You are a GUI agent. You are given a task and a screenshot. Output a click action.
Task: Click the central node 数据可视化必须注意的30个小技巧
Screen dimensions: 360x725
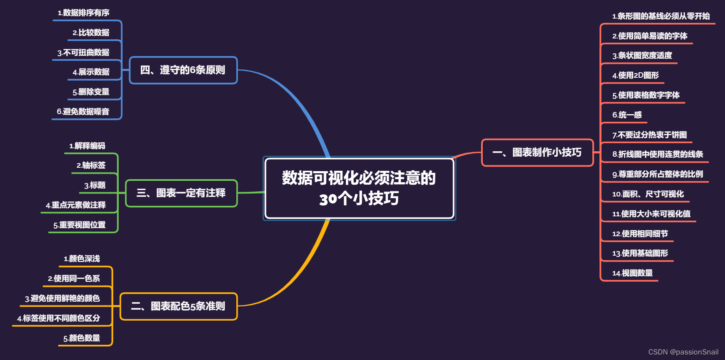pos(359,188)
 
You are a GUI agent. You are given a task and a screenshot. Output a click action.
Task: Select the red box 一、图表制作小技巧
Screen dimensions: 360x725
pos(537,153)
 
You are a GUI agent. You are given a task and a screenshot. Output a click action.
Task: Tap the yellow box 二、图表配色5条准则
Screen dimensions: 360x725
pos(178,306)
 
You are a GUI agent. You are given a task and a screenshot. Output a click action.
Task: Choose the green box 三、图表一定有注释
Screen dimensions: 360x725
pos(181,194)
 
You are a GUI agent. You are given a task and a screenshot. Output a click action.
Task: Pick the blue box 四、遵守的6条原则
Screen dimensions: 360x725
pos(183,70)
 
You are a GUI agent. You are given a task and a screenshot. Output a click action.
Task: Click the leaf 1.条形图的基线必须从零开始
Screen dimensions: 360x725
pos(661,16)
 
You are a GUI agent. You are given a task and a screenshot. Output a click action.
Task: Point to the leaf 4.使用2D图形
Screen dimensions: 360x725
pos(635,76)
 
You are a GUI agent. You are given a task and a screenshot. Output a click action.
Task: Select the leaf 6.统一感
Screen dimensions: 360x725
pos(627,115)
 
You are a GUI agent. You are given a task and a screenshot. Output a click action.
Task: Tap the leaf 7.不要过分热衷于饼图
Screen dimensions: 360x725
pos(649,135)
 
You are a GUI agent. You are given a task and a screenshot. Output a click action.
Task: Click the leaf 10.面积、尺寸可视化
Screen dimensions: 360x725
pos(648,194)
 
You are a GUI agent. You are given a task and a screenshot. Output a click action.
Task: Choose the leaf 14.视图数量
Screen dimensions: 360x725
pos(632,273)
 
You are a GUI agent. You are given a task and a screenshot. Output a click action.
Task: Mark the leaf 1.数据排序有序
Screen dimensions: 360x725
pos(84,13)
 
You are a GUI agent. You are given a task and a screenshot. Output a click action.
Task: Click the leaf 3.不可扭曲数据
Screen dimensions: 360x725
pos(84,53)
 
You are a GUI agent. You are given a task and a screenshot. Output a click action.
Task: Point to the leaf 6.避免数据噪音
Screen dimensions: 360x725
pos(83,112)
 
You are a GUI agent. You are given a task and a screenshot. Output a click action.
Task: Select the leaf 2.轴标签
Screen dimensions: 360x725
pos(91,165)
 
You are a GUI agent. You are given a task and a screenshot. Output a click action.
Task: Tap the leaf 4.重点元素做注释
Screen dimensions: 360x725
pos(76,205)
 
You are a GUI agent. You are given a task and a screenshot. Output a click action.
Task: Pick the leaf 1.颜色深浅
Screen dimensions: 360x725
pos(82,259)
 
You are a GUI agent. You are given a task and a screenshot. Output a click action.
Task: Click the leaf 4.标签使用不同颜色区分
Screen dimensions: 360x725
pos(59,318)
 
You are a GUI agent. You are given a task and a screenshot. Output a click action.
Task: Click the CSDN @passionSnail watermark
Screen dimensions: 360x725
pos(683,352)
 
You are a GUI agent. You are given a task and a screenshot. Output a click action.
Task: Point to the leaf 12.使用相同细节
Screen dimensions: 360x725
pos(640,234)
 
